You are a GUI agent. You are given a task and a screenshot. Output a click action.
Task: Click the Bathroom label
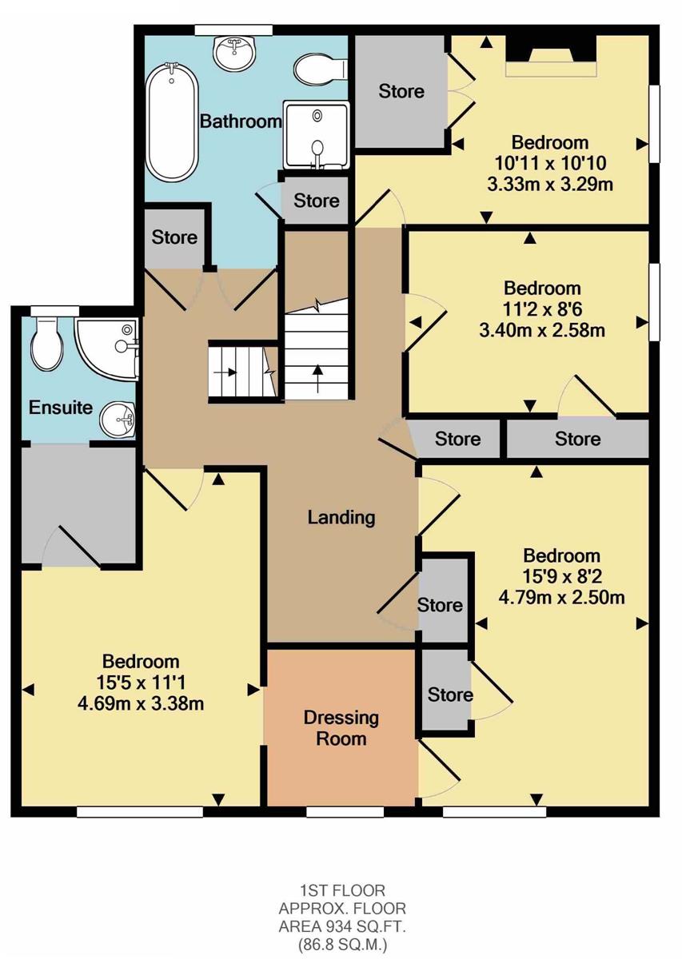241,121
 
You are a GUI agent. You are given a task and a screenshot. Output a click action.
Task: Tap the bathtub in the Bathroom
172,122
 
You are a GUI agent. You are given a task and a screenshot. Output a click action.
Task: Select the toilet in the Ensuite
48,344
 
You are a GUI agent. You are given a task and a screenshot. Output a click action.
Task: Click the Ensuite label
61,407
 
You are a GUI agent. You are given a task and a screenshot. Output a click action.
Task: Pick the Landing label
341,518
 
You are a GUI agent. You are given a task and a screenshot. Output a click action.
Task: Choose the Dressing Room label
341,728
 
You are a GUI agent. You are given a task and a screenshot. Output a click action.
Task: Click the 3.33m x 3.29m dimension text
550,184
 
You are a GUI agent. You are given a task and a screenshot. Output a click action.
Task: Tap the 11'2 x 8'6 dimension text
542,309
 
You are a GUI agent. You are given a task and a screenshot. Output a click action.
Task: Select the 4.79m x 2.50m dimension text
561,597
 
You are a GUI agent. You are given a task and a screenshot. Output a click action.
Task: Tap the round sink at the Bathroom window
234,53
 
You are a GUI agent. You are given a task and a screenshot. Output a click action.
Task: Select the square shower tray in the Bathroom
317,135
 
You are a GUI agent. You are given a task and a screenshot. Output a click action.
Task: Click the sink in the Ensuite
118,419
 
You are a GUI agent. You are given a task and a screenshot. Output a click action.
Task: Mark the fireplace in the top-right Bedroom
551,56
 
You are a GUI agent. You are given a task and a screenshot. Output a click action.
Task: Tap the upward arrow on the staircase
317,378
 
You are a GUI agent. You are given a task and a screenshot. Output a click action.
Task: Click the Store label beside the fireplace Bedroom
401,91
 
